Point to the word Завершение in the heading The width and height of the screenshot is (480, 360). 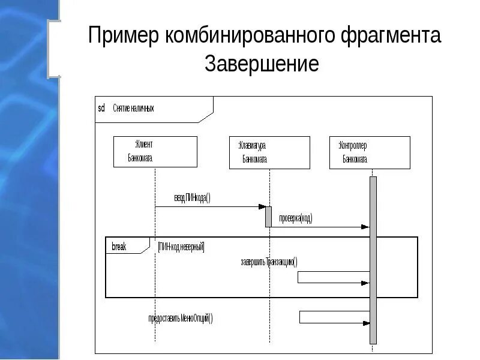pos(262,64)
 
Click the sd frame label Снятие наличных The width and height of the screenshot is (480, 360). pos(133,109)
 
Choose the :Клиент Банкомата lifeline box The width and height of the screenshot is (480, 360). pos(155,151)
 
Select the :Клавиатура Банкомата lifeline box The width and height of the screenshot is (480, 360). pos(269,152)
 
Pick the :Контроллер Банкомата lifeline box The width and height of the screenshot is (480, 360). pos(370,152)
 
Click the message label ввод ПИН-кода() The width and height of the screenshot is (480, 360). pos(193,198)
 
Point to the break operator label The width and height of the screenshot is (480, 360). pos(119,246)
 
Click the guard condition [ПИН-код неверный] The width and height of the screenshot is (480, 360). pos(181,246)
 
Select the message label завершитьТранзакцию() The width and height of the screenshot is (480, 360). pos(269,262)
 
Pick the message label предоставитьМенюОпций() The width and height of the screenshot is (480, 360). pos(181,319)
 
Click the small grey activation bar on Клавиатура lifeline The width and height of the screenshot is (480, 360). pos(269,217)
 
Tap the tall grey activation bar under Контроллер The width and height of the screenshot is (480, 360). pos(373,258)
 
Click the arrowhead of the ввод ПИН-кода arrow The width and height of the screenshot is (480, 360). pos(262,207)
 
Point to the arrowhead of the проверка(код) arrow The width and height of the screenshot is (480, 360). pos(365,227)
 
